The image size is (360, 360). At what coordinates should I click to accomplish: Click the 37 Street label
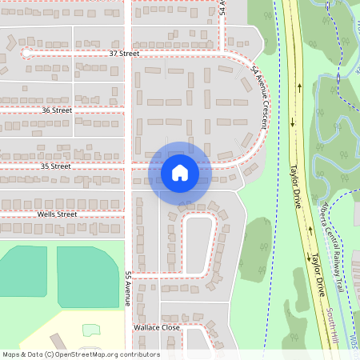click(x=124, y=54)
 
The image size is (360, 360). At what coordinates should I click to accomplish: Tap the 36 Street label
click(x=57, y=110)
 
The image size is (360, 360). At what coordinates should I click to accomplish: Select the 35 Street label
click(x=56, y=166)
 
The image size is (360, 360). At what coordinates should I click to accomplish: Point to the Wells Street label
click(x=56, y=214)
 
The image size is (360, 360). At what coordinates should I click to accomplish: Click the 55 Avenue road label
click(x=127, y=289)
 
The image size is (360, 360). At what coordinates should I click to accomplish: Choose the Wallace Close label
click(x=158, y=328)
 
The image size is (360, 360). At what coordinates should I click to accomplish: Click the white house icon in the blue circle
click(x=180, y=173)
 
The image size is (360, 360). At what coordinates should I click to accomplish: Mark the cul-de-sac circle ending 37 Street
click(x=26, y=53)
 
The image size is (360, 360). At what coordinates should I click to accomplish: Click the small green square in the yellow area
click(x=91, y=330)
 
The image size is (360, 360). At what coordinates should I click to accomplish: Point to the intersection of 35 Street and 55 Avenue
click(x=130, y=166)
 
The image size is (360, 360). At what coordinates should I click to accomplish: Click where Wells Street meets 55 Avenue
click(x=130, y=214)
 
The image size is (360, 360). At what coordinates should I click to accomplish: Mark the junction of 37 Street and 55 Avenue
click(x=130, y=54)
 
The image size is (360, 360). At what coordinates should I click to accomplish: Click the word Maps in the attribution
click(x=11, y=354)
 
